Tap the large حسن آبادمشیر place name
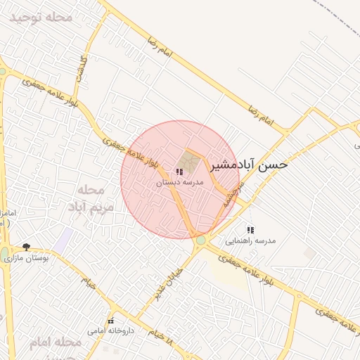pyautogui.click(x=250, y=165)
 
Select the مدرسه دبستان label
pyautogui.click(x=179, y=182)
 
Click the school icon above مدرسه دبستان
pyautogui.click(x=179, y=172)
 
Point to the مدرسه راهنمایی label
pyautogui.click(x=250, y=240)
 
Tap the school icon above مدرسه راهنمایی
pyautogui.click(x=250, y=230)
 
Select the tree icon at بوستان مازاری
pyautogui.click(x=26, y=247)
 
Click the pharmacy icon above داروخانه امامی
pyautogui.click(x=110, y=321)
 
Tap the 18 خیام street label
pyautogui.click(x=160, y=335)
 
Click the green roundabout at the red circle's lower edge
pyautogui.click(x=201, y=240)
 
